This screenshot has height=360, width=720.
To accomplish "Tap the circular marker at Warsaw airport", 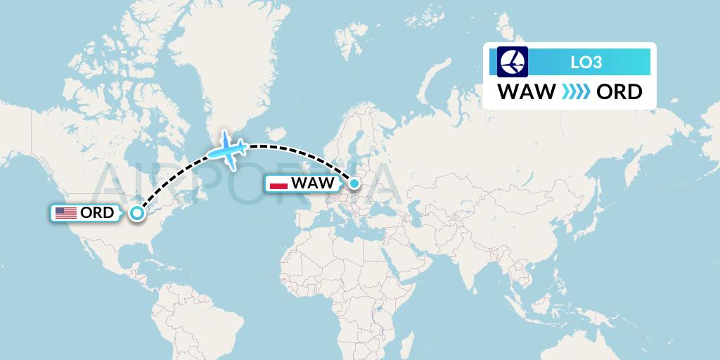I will [354, 184].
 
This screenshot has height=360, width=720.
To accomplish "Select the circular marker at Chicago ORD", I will [138, 213].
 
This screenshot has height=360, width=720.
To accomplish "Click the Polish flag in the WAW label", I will [279, 184].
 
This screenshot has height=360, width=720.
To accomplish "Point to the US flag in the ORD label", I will [65, 213].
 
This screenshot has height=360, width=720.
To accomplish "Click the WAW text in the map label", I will [313, 184].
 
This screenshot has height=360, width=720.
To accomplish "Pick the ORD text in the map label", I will [98, 213].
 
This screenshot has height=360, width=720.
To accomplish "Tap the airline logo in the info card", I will [513, 61].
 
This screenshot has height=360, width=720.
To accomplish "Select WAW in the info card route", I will [526, 92].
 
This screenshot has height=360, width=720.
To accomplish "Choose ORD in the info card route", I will [619, 92].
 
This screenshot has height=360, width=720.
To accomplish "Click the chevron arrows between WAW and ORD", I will [575, 92].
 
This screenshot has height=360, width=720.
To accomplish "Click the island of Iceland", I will [275, 133].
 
